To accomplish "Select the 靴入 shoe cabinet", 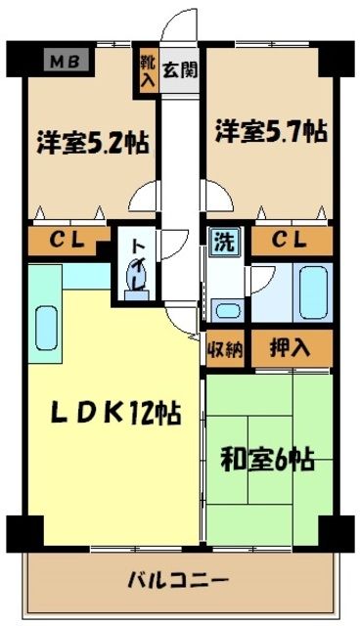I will (x=147, y=70).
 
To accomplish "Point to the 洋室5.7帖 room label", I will (x=265, y=130).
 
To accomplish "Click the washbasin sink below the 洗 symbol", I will (x=227, y=312).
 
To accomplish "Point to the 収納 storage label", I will (x=225, y=348).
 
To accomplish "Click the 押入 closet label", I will (x=292, y=348).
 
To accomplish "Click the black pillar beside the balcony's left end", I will (x=22, y=533).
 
